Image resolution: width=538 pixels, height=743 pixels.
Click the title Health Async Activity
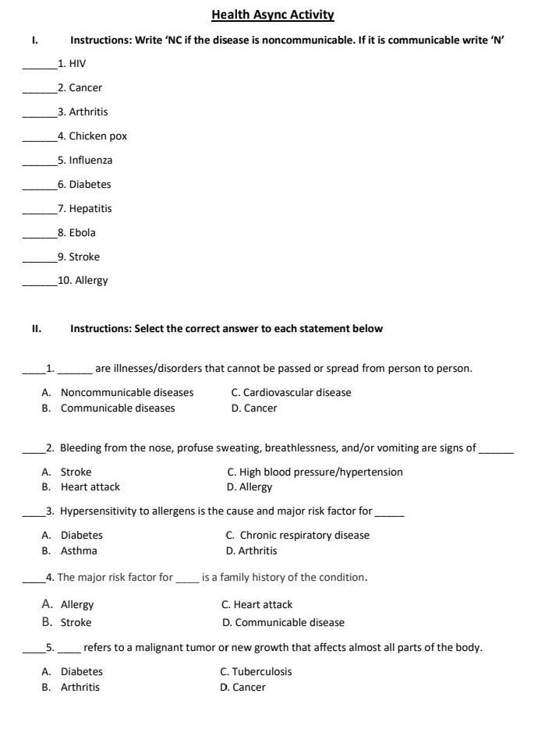coord(272,15)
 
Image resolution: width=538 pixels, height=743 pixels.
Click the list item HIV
coord(77,64)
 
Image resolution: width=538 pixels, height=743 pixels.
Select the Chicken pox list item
coord(97,136)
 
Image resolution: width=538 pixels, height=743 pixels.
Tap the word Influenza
coord(90,161)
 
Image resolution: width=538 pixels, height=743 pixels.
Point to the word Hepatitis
coord(90,209)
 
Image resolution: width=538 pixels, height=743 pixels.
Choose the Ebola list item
coord(82,233)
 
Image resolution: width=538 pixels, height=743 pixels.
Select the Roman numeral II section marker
coord(36,329)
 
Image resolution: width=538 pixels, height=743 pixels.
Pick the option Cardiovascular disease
coord(296,393)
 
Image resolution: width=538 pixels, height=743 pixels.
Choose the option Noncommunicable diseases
coord(127,393)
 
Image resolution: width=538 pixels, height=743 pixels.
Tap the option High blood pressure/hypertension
coord(321,472)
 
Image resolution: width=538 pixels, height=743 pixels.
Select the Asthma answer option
coord(79,551)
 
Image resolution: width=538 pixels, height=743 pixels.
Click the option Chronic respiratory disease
coord(304,536)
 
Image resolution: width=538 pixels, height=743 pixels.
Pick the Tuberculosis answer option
coord(261,672)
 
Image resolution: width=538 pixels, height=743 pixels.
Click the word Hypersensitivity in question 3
coord(98,512)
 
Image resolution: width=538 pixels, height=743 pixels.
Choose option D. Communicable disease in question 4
coord(289,623)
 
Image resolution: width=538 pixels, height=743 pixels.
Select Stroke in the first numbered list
coord(84,257)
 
